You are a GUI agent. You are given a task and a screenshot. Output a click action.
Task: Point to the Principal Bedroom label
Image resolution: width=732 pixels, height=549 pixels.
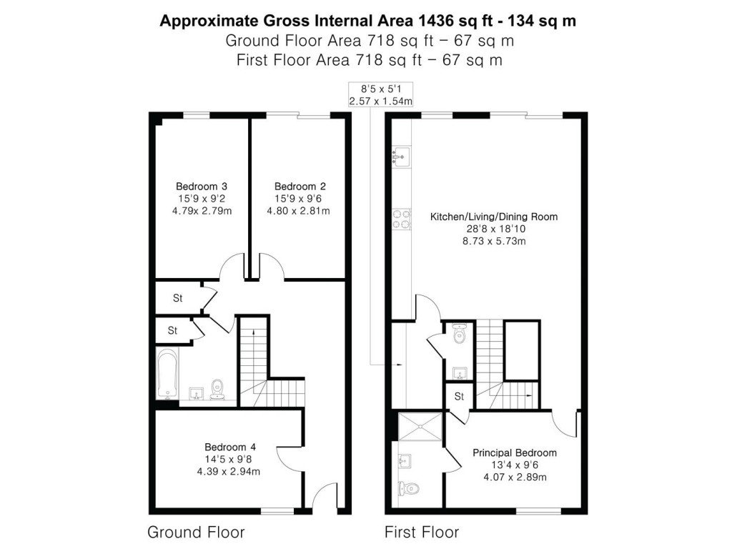coord(514,452)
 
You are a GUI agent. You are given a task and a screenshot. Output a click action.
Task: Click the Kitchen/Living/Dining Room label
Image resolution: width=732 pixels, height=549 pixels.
coord(493,217)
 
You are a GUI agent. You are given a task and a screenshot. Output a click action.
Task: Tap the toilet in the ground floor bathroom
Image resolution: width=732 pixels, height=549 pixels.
coord(219,389)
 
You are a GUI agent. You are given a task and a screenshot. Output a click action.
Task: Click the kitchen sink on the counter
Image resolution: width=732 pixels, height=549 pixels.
coord(400,155)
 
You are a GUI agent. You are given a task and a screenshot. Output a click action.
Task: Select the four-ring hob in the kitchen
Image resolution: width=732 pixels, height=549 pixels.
coord(401,219)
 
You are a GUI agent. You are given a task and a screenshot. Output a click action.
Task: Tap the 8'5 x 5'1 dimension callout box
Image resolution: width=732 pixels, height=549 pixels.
coord(380,95)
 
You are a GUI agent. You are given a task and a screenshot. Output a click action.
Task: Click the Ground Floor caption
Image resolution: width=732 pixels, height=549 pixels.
coord(196,533)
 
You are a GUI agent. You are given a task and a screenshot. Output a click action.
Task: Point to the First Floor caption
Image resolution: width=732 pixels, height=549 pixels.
coord(422,533)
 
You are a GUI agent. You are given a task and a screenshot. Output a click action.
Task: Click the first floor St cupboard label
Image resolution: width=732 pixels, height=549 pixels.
coord(459,395)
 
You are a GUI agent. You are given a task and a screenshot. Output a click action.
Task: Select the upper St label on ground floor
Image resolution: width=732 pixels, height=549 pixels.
coord(177,298)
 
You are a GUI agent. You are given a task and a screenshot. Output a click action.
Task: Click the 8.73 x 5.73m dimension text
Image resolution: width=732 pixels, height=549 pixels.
coord(493,242)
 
